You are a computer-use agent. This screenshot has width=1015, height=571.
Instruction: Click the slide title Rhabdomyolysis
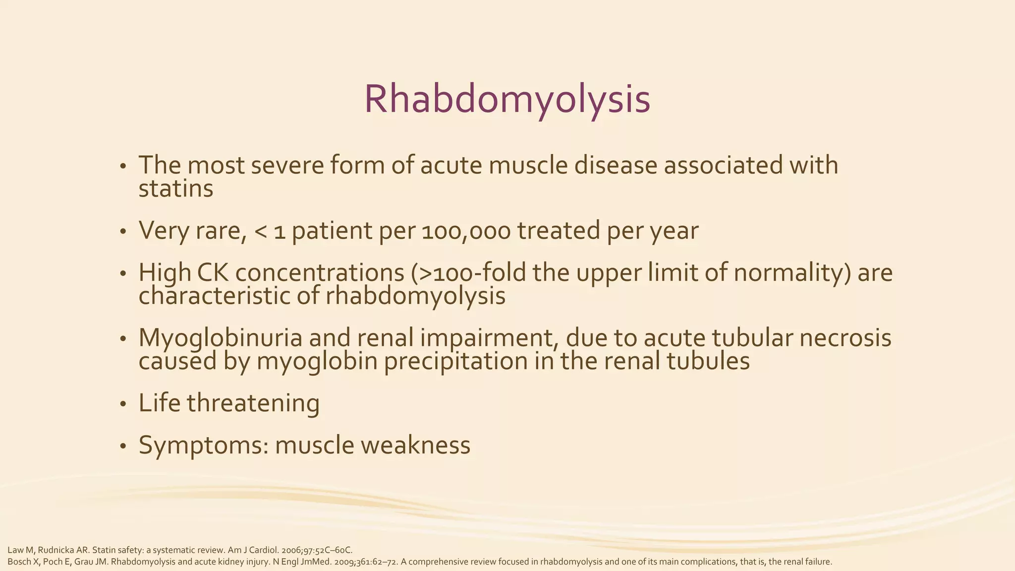[x=507, y=100]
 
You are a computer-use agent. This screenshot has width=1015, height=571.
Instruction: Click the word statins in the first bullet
[x=175, y=189]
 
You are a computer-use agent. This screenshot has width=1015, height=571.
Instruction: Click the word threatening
[x=253, y=403]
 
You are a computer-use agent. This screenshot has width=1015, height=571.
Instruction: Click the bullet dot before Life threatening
[x=123, y=404]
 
